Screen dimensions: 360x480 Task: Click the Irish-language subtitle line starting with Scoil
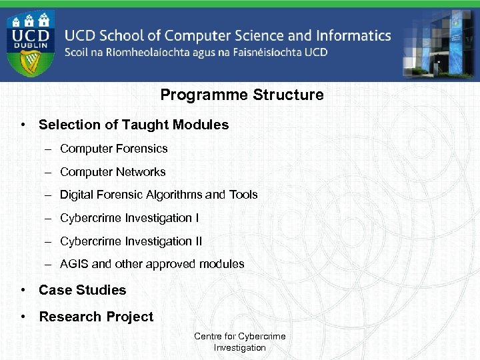[196, 52]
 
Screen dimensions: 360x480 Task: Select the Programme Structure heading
[242, 95]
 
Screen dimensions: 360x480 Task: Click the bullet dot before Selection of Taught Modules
[23, 125]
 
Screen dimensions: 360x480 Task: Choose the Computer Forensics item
[113, 149]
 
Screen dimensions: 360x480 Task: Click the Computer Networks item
[113, 172]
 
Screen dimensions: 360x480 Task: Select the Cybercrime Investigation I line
[129, 218]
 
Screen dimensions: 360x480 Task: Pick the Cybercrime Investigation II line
[131, 241]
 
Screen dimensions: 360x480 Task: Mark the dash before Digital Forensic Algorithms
[49, 195]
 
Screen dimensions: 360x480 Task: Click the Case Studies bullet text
[82, 290]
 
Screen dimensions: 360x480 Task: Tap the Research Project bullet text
[96, 317]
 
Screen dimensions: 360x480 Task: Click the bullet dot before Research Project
[23, 317]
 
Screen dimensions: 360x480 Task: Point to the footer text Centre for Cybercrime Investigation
[239, 342]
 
